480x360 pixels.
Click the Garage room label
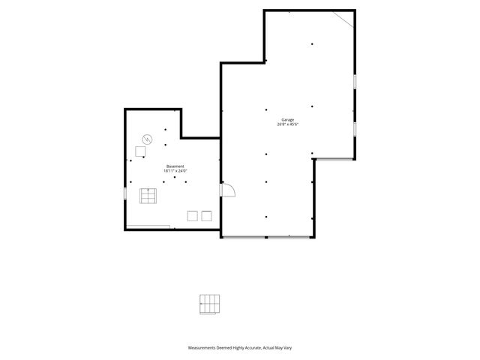(287, 120)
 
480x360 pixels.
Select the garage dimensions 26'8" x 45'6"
(287, 124)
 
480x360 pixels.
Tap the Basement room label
(175, 166)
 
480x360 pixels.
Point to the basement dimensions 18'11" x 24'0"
(175, 171)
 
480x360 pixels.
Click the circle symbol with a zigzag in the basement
(147, 139)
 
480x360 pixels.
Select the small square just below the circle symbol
(140, 151)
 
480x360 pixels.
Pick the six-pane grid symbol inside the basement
(148, 196)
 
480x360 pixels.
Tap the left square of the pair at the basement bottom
(192, 216)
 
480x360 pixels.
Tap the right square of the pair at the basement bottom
(206, 216)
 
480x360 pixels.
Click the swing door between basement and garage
(228, 190)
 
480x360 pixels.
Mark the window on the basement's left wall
(124, 193)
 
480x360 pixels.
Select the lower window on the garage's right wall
(355, 128)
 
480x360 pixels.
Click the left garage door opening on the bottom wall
(244, 238)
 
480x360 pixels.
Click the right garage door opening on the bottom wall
(289, 238)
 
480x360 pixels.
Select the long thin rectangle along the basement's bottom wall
(148, 226)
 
